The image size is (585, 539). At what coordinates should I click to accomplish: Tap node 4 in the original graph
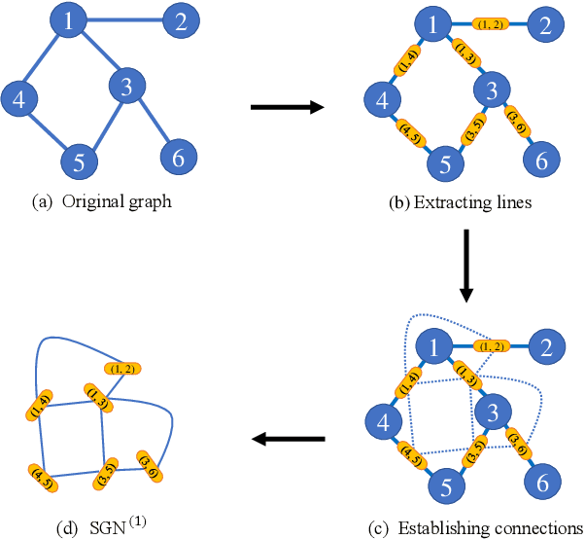pos(18,98)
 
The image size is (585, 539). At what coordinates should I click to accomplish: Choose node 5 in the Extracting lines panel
pos(444,162)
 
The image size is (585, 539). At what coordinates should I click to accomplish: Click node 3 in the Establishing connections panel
pos(493,410)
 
